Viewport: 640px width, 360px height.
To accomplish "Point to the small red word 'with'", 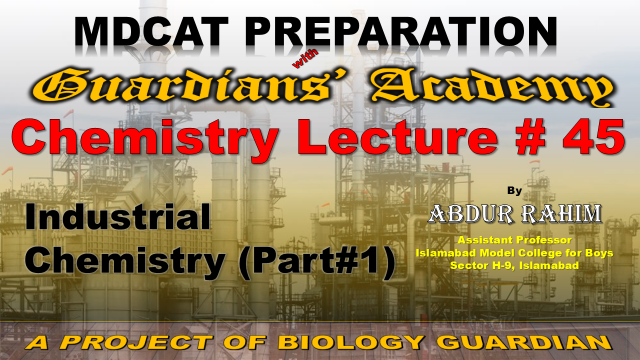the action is tap(305, 59).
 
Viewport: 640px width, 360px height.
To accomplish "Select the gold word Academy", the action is tap(492, 87).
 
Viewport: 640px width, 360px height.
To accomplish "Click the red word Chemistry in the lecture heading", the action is tap(145, 138).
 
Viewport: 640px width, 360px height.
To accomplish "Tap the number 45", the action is tap(593, 137).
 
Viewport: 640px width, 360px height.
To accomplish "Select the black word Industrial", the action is tap(118, 217).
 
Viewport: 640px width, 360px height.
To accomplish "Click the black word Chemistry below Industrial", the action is tap(125, 262).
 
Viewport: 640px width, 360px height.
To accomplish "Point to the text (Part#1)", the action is tap(318, 262).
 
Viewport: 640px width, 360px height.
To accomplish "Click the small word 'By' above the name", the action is tap(514, 191).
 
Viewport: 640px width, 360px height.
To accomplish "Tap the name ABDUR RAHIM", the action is tap(514, 213).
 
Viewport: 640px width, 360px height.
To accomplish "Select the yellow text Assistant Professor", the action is tap(514, 240).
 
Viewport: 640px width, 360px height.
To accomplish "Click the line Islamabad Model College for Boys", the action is tap(514, 253).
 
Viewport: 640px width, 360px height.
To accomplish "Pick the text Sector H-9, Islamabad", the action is tap(514, 265).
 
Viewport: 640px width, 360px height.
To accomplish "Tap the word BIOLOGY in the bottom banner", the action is tap(351, 342).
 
